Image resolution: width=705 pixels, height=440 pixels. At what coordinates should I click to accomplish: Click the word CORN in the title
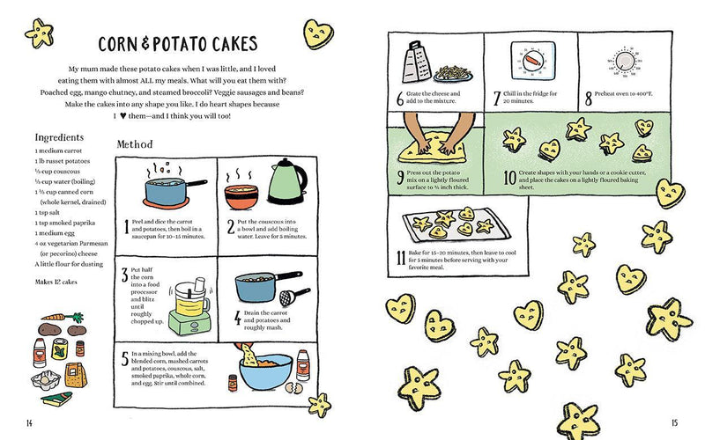pos(122,44)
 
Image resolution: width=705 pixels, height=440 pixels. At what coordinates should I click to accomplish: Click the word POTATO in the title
pos(183,44)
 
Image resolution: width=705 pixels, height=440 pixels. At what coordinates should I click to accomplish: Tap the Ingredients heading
pos(59,137)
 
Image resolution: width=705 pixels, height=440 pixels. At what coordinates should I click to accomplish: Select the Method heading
pos(135,144)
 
